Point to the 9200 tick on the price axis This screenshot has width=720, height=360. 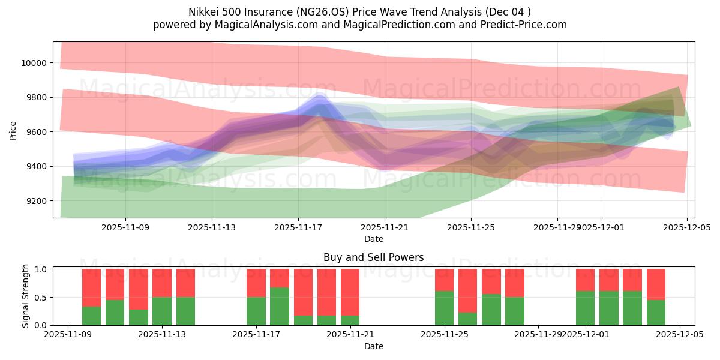pos(36,200)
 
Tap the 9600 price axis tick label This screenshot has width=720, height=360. pos(36,132)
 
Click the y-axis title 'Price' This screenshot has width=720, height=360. pos(13,130)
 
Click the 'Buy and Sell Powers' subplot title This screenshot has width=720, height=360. pos(373,257)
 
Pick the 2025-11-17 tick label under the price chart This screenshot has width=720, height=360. pos(298,228)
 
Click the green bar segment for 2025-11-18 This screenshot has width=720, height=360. pos(280,306)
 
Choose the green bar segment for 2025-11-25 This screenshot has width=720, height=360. pos(444,308)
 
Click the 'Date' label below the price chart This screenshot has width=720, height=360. pos(373,239)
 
